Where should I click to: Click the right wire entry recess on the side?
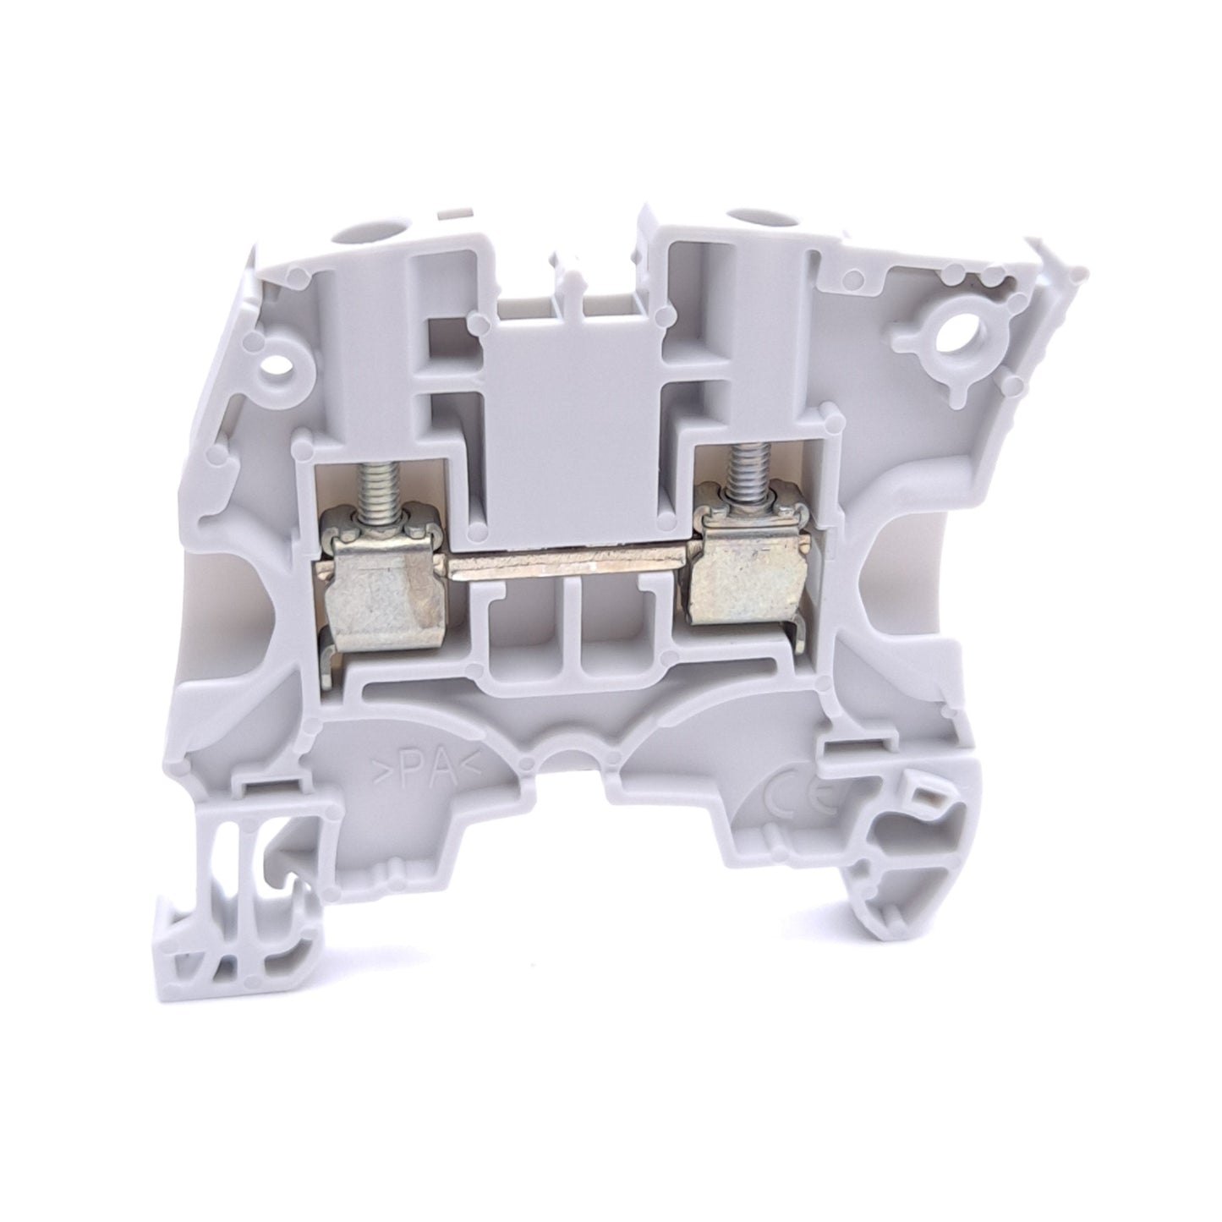pos(909,592)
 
